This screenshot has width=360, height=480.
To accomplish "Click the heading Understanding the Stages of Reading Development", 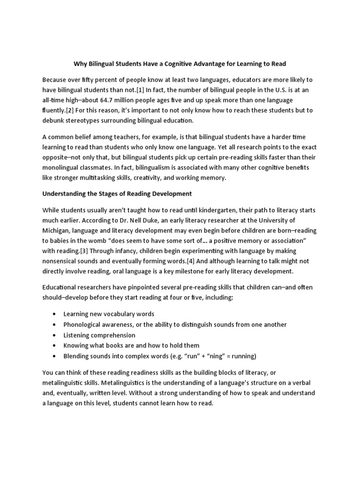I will click(x=117, y=193).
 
